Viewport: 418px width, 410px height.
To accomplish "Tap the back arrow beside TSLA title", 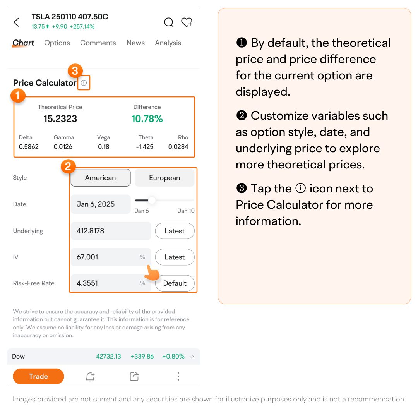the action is coord(16,22).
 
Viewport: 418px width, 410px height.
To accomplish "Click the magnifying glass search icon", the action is coord(169,22).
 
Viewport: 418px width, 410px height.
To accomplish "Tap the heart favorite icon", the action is coord(187,22).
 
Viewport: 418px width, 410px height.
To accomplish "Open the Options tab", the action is coord(57,43).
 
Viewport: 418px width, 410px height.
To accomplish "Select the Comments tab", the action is coord(98,43).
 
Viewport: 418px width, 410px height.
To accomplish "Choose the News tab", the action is coord(136,43).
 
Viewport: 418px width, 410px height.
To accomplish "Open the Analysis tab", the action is coord(168,43).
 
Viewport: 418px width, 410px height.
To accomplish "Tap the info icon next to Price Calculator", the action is coord(84,83).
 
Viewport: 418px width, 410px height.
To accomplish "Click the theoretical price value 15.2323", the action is coord(60,118).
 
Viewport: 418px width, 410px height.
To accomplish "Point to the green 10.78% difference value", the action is coord(147,118).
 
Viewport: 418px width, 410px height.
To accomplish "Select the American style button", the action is coord(101,178).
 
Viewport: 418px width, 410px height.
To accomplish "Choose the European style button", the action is coord(164,178).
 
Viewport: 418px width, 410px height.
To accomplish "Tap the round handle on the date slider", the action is coord(152,200).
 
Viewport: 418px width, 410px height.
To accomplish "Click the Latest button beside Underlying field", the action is coord(175,231).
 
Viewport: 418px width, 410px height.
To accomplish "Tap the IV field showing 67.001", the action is coord(111,257).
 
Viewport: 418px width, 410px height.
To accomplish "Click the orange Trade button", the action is coord(38,376).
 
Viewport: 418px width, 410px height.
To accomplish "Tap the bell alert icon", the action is coord(90,376).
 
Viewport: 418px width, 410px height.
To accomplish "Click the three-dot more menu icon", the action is coord(178,376).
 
